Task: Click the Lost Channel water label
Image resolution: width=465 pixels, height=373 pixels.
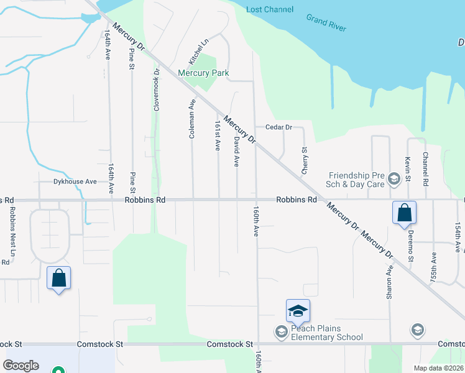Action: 270,10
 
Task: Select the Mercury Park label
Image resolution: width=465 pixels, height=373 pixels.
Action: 203,73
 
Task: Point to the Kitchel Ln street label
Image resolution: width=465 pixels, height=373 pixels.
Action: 197,50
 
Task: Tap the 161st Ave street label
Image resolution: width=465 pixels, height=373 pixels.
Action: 218,136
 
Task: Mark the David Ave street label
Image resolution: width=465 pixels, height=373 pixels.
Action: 236,152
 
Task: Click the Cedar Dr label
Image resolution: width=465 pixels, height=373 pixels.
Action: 279,127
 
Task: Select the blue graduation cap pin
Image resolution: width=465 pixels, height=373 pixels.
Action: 298,310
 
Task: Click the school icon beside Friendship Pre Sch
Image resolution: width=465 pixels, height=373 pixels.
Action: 393,180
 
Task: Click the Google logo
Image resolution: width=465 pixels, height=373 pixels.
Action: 22,366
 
